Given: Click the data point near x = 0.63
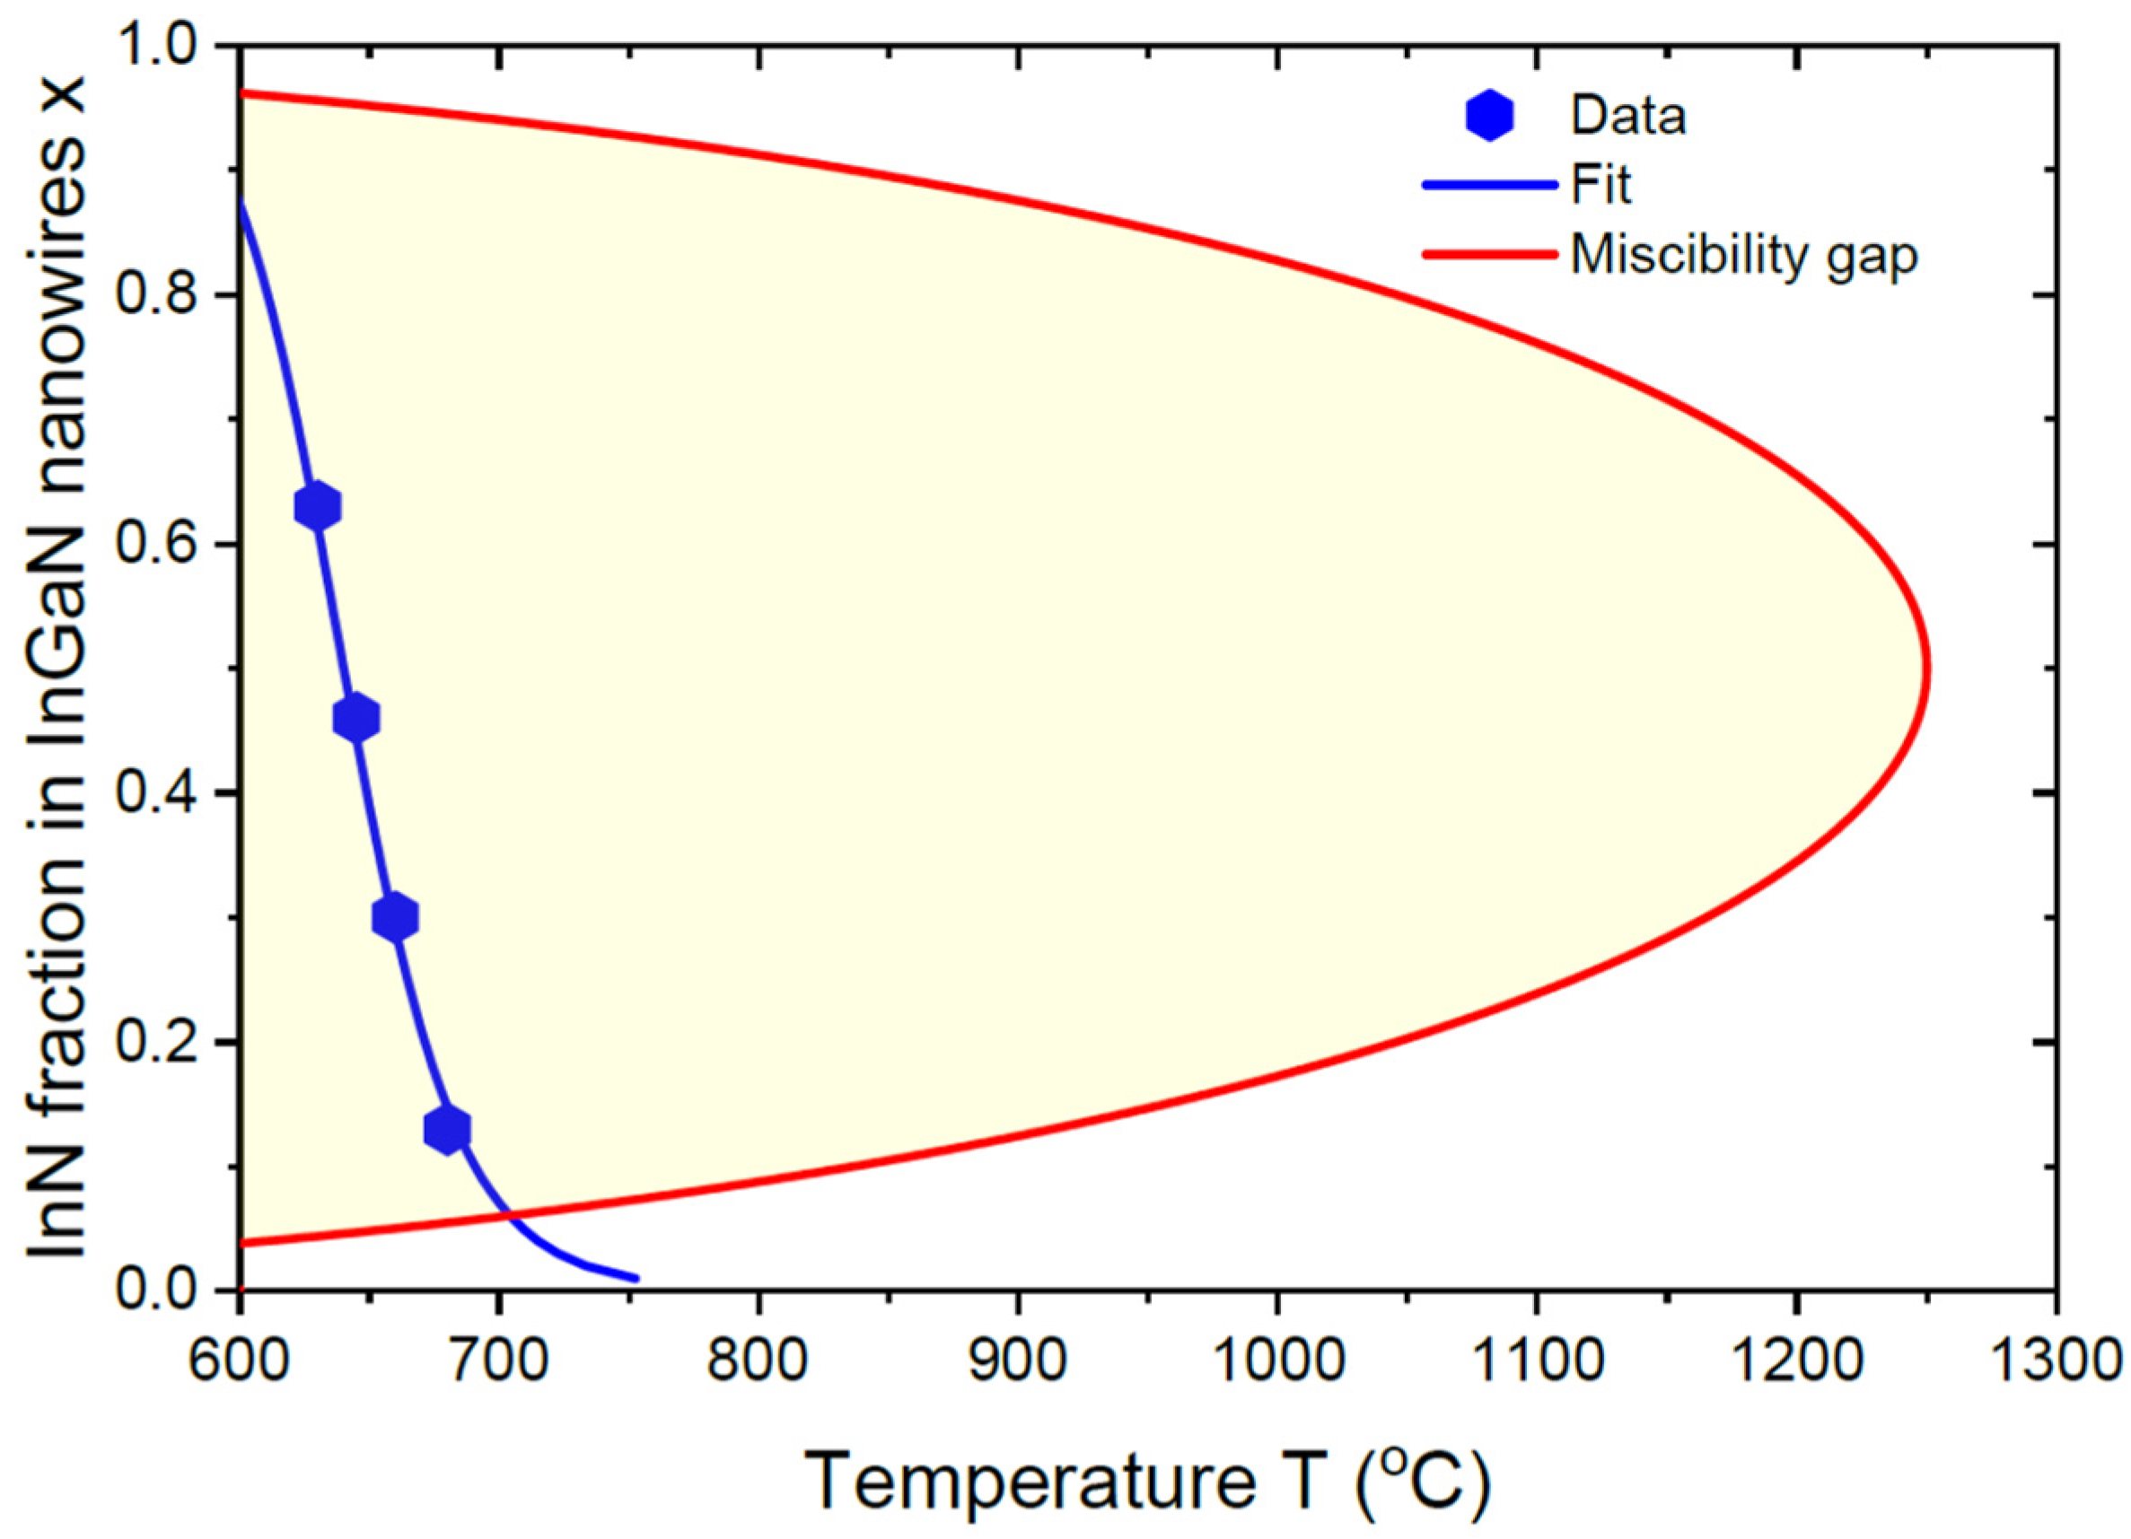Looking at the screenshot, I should coord(318,506).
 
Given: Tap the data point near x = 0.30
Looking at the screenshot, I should coord(395,916).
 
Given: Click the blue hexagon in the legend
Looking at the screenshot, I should coord(1489,116).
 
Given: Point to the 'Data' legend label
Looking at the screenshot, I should coord(1628,116).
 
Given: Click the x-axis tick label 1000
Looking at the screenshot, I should coord(1276,1361).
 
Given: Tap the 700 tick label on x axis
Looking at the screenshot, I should coord(499,1361).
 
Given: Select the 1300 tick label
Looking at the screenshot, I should coord(2053,1361).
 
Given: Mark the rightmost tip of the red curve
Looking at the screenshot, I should coord(1928,669).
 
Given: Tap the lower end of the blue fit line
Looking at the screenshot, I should coord(637,1279).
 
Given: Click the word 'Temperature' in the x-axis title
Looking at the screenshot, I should coord(1030,1482).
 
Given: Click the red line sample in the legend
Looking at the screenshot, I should coord(1489,254).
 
